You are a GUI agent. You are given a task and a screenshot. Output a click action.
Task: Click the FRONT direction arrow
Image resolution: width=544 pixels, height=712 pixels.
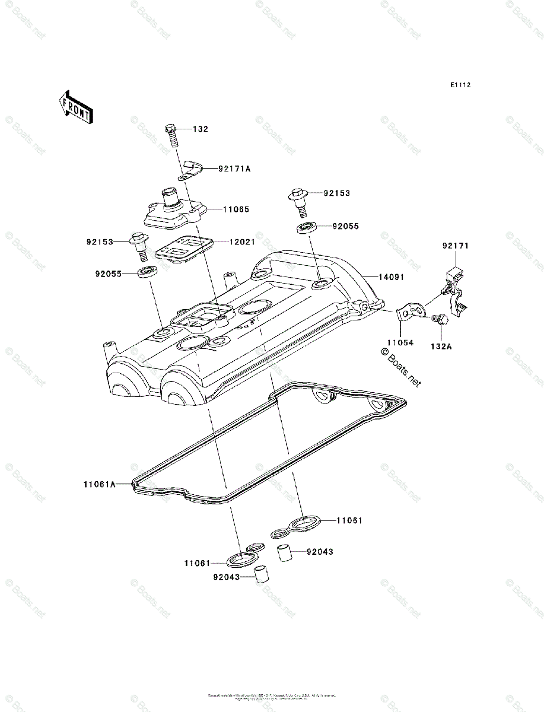click(x=74, y=107)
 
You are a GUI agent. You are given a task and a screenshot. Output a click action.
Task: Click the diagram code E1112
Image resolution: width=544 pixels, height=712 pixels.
click(x=460, y=85)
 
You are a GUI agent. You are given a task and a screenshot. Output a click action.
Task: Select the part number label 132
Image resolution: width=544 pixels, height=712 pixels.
click(x=202, y=129)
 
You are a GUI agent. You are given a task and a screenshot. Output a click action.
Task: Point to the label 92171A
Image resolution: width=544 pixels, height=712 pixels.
click(x=234, y=169)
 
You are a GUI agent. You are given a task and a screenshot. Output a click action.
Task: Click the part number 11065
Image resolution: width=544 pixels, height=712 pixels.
click(x=236, y=209)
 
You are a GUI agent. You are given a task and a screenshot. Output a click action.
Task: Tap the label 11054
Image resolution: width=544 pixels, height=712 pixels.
click(x=401, y=343)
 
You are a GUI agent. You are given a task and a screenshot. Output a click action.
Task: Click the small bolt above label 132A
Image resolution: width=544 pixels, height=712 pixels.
click(x=438, y=319)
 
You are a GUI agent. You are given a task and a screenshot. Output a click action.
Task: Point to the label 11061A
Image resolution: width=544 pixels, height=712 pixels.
click(x=98, y=484)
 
